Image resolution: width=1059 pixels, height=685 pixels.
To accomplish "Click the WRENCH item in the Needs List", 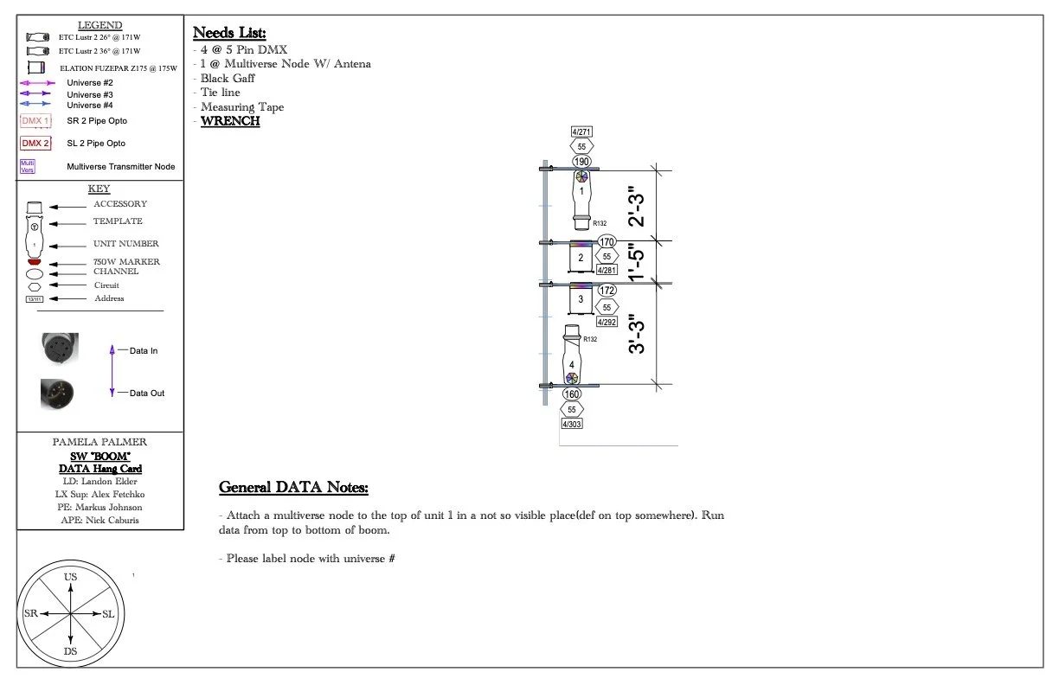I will pyautogui.click(x=230, y=121).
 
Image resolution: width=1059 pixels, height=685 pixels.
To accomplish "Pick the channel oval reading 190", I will pyautogui.click(x=581, y=162).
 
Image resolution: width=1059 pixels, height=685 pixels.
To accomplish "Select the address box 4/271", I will pyautogui.click(x=581, y=132).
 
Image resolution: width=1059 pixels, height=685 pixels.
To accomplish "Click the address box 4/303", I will pyautogui.click(x=572, y=424).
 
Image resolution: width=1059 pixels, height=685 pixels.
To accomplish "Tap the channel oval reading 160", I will pyautogui.click(x=572, y=394).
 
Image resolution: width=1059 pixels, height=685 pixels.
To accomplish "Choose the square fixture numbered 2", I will pyautogui.click(x=581, y=258).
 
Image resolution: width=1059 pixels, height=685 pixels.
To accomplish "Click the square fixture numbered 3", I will pyautogui.click(x=581, y=299).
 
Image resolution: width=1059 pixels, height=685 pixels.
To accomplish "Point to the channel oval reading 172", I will pyautogui.click(x=607, y=291).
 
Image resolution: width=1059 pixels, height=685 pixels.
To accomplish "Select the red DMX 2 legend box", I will pyautogui.click(x=35, y=144).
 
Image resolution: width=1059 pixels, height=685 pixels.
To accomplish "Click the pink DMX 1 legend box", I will pyautogui.click(x=35, y=121).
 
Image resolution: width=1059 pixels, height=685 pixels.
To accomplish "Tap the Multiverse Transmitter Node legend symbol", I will pyautogui.click(x=28, y=167).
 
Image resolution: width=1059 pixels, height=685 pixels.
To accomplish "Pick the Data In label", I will pyautogui.click(x=144, y=351).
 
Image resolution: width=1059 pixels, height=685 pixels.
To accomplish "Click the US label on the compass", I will pyautogui.click(x=70, y=576).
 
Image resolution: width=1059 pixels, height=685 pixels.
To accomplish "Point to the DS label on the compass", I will pyautogui.click(x=70, y=651).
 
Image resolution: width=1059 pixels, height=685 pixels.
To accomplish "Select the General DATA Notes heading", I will pyautogui.click(x=293, y=488).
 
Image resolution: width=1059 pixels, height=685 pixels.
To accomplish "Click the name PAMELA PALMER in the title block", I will pyautogui.click(x=99, y=442).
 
